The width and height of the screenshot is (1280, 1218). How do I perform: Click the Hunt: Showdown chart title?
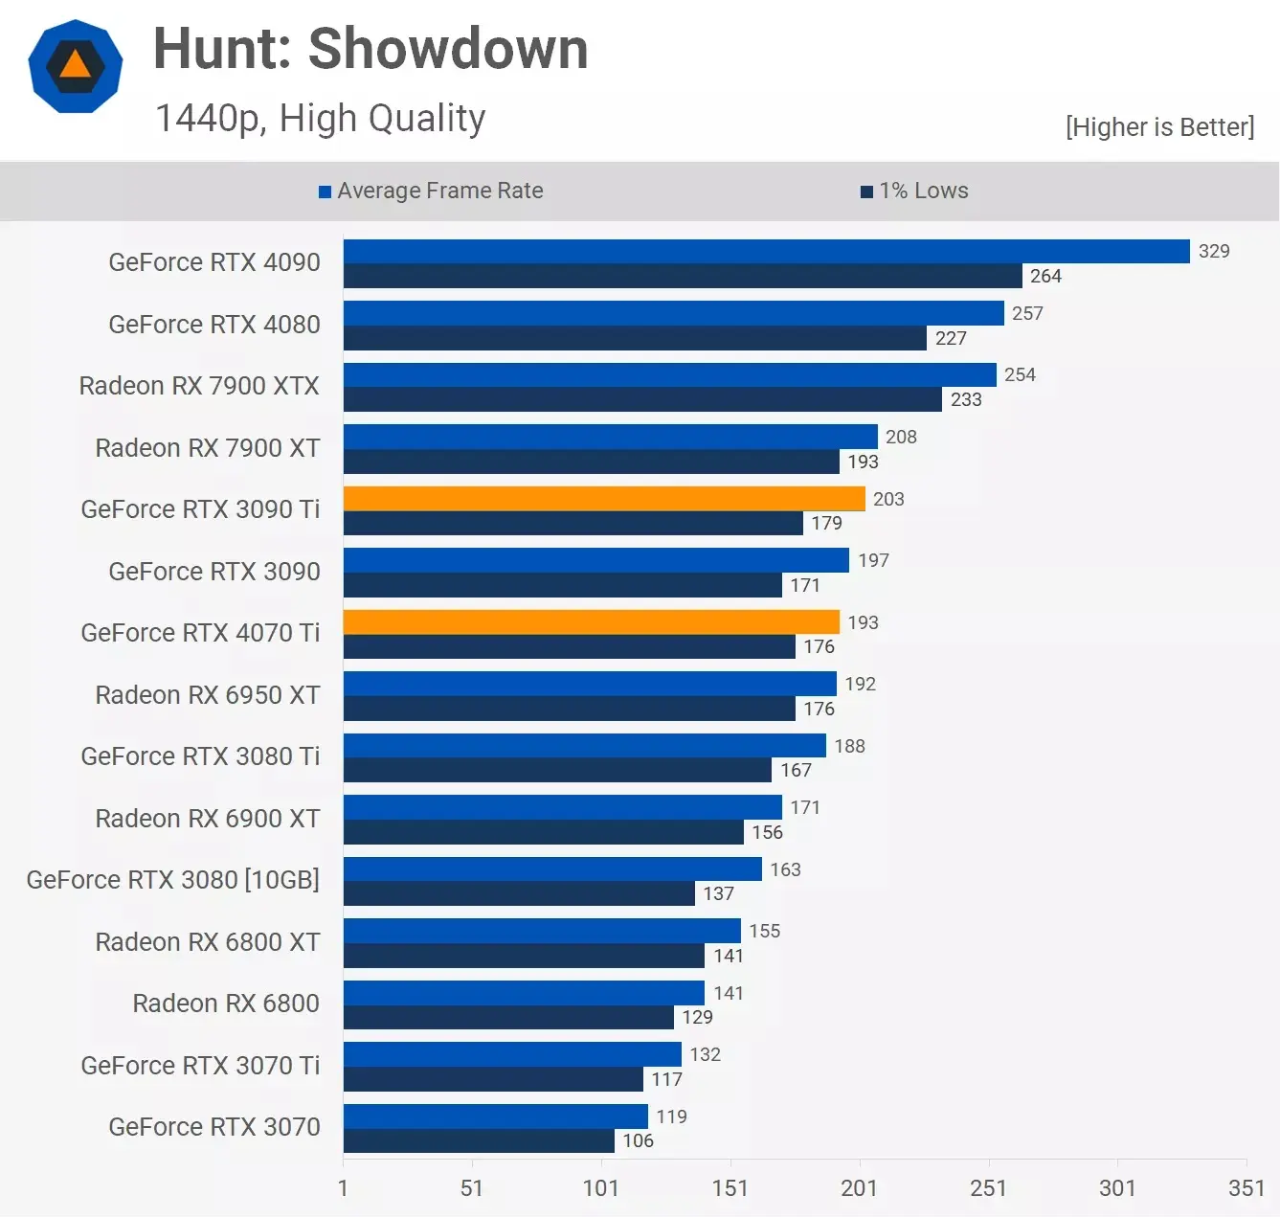point(371,49)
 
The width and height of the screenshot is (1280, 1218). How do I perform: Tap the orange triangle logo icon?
point(76,66)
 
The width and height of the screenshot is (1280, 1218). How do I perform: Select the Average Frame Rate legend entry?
point(431,191)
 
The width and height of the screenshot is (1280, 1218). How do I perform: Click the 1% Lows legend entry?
point(914,191)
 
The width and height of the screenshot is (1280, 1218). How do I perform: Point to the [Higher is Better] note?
point(1159,127)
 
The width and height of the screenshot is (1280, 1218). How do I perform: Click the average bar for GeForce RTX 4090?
point(766,251)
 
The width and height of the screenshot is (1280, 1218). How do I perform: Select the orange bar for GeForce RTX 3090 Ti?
point(604,499)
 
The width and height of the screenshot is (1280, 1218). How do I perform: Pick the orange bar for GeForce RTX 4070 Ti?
point(591,622)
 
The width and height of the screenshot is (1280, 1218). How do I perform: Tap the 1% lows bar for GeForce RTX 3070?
point(479,1140)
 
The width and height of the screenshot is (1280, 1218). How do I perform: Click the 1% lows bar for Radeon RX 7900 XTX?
point(642,399)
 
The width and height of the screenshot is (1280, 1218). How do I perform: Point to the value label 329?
point(1214,251)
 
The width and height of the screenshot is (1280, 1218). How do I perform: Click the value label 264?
point(1045,276)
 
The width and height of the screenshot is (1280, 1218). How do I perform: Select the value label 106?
point(638,1140)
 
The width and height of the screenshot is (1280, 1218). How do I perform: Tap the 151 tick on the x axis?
point(730,1188)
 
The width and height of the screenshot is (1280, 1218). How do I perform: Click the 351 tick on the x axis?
point(1246,1188)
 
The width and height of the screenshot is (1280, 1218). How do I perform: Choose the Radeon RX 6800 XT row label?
point(208,942)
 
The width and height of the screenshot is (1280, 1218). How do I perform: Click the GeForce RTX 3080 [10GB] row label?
point(173,880)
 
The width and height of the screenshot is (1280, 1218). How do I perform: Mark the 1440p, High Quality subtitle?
point(321,119)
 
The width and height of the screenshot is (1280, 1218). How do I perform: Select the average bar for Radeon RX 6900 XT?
point(563,807)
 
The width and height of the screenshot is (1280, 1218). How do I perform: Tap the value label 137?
point(718,893)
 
